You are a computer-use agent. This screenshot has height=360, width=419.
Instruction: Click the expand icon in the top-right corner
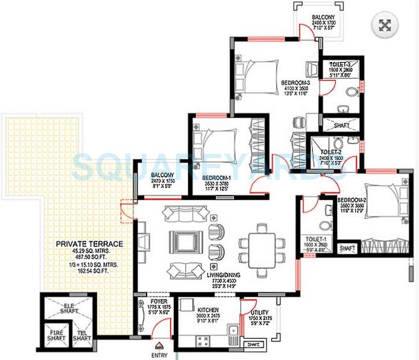click(386, 25)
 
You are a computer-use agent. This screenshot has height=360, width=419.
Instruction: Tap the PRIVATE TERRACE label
click(89, 244)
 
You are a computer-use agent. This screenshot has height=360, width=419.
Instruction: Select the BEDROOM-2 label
click(352, 200)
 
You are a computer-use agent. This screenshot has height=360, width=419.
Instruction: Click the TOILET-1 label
click(316, 239)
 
